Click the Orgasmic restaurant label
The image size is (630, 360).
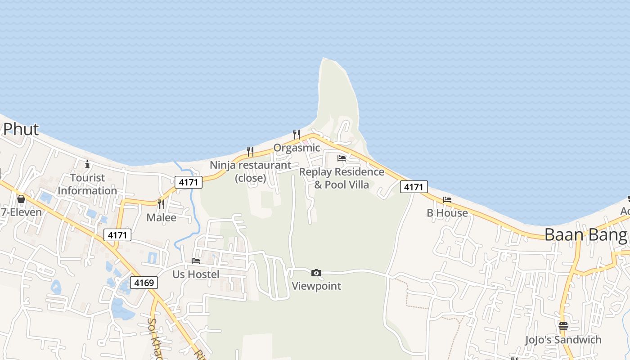[x=297, y=148]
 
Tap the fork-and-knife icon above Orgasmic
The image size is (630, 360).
[x=296, y=134]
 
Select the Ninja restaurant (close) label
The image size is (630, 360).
[x=251, y=171]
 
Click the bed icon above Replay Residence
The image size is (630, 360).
[x=342, y=158]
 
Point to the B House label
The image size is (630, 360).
[x=447, y=213]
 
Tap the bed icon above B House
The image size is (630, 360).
[x=447, y=199]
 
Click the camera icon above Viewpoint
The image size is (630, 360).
[x=316, y=273]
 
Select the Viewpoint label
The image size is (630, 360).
[x=316, y=286]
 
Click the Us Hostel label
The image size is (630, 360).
[x=196, y=274]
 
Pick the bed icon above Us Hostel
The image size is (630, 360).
[x=196, y=261]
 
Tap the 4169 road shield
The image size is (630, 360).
[x=144, y=283]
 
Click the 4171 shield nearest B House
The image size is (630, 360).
[x=414, y=187]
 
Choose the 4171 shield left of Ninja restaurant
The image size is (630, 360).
[x=189, y=182]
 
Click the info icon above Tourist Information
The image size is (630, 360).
[x=87, y=164]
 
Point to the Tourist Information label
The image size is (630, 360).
[x=87, y=184]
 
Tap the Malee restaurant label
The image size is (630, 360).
[x=161, y=217]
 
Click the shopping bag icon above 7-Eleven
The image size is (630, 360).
[x=21, y=199]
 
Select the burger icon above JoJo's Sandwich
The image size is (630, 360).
[x=563, y=326]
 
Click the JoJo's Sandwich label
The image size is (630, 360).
[x=563, y=340]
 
